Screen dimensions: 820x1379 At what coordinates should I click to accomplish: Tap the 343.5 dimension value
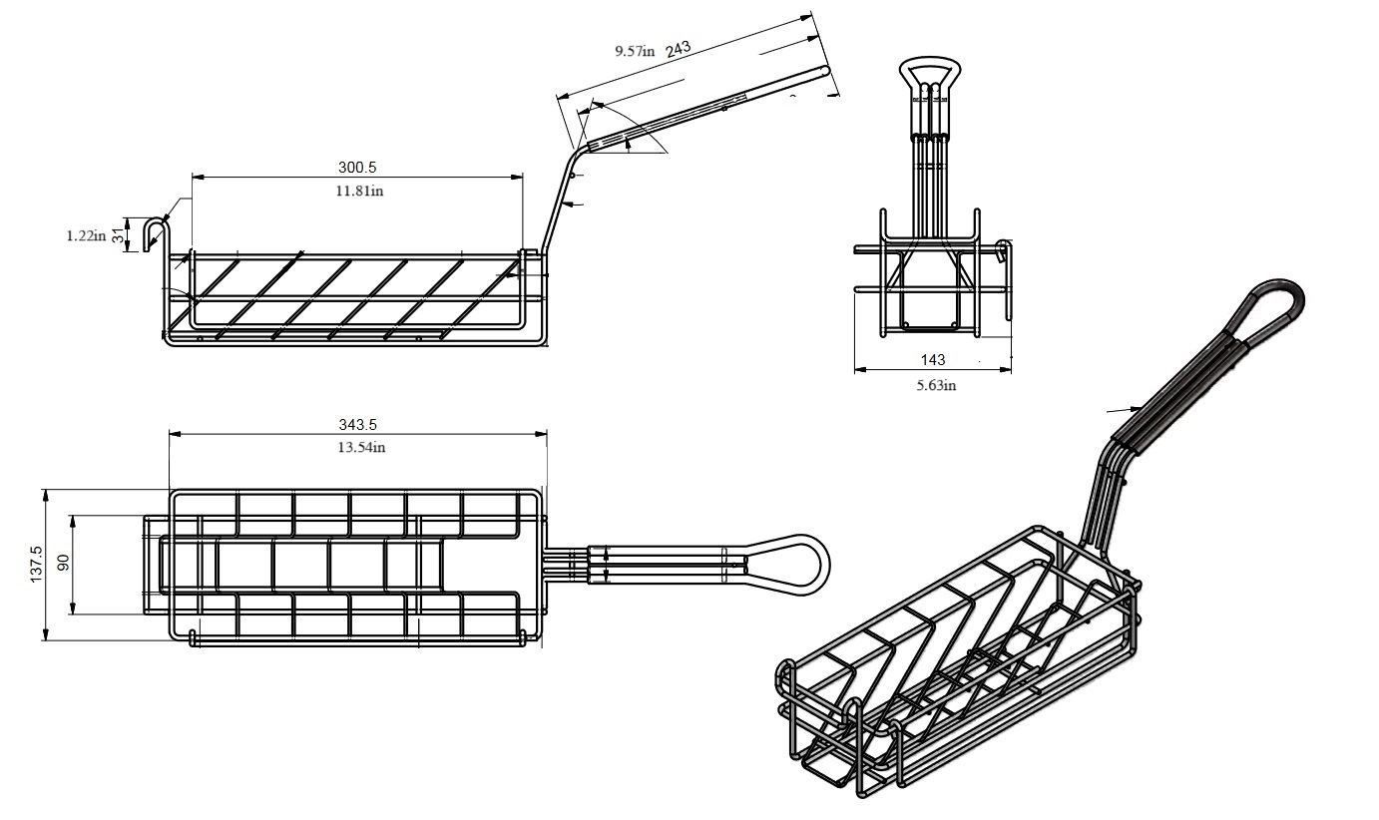(358, 425)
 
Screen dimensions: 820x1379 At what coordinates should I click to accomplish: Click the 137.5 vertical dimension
(37, 564)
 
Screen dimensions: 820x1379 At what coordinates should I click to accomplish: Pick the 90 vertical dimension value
(63, 564)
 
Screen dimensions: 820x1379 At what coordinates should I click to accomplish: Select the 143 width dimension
(933, 359)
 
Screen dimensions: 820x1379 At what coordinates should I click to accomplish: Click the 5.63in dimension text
(936, 385)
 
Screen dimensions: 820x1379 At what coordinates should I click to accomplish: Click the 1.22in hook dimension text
(86, 235)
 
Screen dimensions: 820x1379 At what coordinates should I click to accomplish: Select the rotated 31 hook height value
(117, 235)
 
